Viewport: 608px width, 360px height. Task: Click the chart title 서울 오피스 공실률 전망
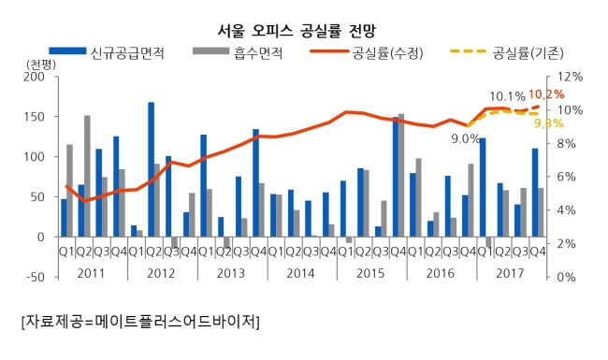297,31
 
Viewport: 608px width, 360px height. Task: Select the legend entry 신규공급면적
107,52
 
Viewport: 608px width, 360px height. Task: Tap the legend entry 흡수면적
238,52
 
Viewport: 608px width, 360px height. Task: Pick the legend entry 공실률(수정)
367,52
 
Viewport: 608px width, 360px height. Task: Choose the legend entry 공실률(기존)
507,52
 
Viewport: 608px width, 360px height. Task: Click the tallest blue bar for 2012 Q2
152,169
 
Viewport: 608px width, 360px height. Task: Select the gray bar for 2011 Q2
87,176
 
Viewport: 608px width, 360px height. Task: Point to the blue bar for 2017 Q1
483,187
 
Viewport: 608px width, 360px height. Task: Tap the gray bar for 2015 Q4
401,175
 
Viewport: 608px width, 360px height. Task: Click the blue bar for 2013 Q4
256,183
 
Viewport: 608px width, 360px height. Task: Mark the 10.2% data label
546,94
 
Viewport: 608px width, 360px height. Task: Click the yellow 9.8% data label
549,123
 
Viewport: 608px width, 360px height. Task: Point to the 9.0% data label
465,138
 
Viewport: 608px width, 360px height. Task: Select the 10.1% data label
507,96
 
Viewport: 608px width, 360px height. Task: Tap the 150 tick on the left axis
34,117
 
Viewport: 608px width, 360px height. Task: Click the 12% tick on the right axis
570,77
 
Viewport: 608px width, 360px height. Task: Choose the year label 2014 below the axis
301,273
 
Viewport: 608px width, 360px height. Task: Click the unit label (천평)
41,64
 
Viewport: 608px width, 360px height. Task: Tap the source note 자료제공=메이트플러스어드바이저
140,322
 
